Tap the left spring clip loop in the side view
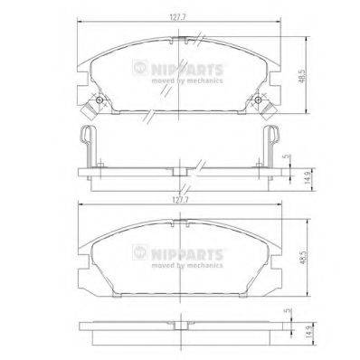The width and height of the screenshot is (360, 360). pos(84,142)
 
